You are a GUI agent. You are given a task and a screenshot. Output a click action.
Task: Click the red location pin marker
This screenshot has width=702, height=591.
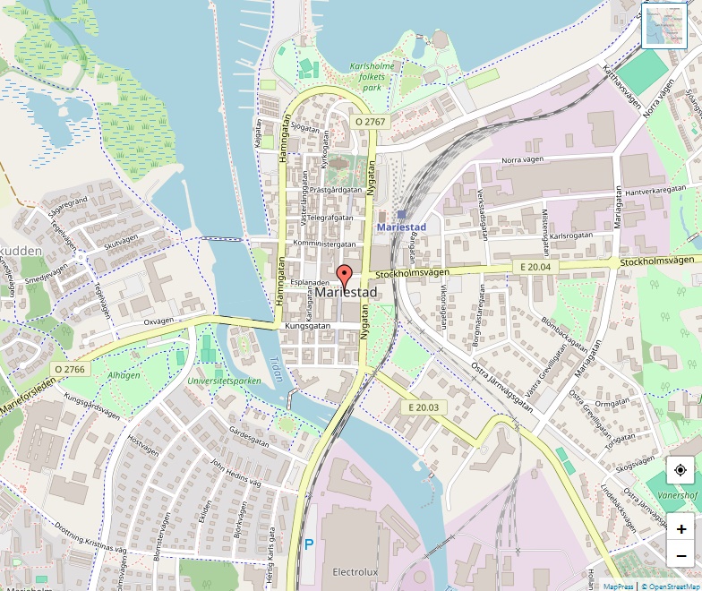pos(345,276)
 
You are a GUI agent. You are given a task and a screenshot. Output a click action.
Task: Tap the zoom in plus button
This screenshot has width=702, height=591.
pos(681,528)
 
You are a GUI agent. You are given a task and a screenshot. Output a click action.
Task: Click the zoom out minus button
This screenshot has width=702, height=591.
pos(681,555)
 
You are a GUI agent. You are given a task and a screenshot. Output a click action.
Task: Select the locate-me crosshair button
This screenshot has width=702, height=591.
pos(681,470)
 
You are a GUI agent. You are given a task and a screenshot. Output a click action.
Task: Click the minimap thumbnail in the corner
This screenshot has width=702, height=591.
pos(664,25)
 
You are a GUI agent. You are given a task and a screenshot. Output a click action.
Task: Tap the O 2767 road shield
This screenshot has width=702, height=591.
pos(370,121)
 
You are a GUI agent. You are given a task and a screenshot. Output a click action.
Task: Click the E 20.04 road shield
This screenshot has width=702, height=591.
pos(539,267)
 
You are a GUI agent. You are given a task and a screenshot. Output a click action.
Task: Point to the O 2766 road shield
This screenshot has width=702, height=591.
pos(69,368)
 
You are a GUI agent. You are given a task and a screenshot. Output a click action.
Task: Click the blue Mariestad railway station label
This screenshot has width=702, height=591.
pos(403,227)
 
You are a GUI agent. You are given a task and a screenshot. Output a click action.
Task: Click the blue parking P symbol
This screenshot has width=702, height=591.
pos(310,544)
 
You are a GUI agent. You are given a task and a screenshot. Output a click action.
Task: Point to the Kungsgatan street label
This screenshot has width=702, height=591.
pos(308,327)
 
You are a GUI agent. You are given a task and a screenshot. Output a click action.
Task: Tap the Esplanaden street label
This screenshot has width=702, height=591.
pos(311,281)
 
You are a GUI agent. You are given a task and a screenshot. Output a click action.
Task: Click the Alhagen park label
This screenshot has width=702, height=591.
pos(124,376)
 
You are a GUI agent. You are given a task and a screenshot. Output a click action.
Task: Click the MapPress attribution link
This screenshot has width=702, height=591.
pos(618,587)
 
